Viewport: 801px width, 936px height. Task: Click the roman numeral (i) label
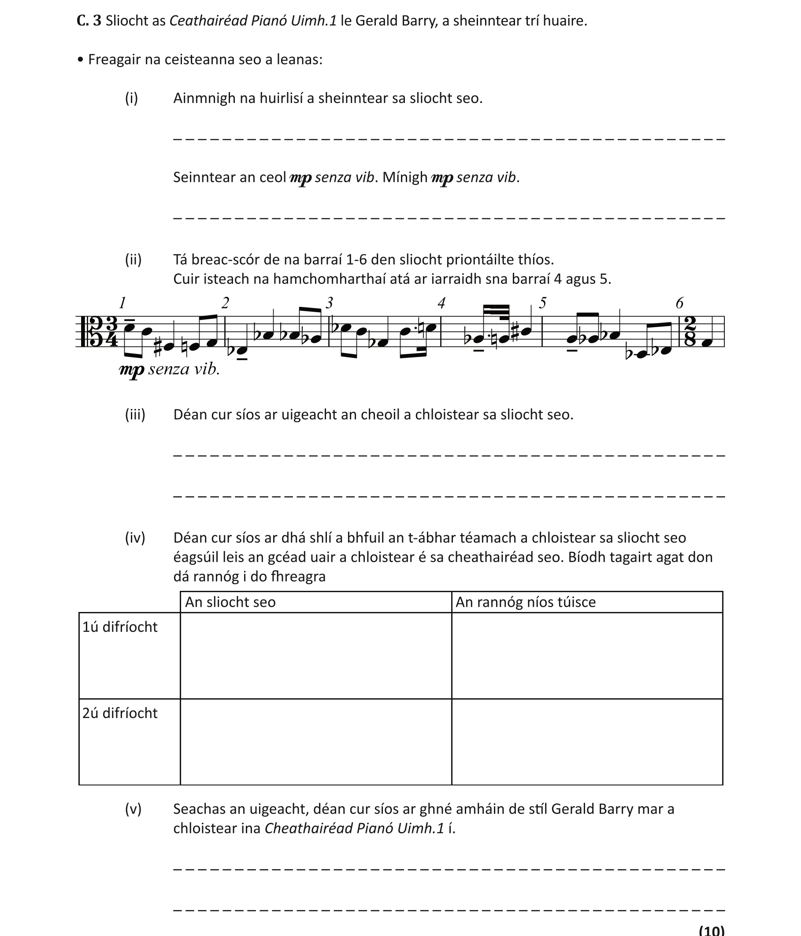point(131,98)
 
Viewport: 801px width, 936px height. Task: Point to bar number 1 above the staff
point(122,302)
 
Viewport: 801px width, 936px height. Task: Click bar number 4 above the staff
point(441,302)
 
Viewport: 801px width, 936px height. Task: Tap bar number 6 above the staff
point(679,303)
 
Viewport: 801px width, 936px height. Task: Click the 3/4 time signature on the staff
point(111,332)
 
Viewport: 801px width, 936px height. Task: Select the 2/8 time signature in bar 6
point(690,332)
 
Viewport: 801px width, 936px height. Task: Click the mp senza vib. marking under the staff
point(170,369)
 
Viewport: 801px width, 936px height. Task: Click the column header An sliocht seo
point(230,602)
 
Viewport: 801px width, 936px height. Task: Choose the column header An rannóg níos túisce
point(525,602)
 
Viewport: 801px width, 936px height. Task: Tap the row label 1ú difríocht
point(120,627)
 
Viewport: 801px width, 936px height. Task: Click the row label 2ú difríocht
point(120,713)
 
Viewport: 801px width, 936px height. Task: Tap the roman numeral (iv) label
point(135,538)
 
